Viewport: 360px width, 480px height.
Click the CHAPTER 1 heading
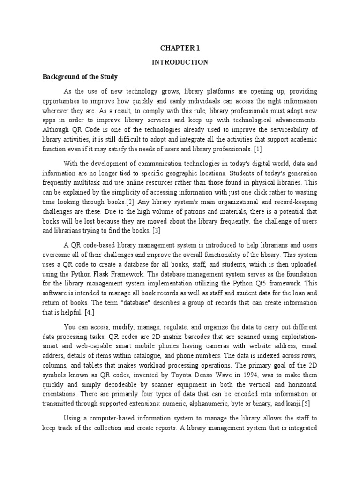[180, 47]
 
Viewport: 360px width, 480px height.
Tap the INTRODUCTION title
[180, 62]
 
